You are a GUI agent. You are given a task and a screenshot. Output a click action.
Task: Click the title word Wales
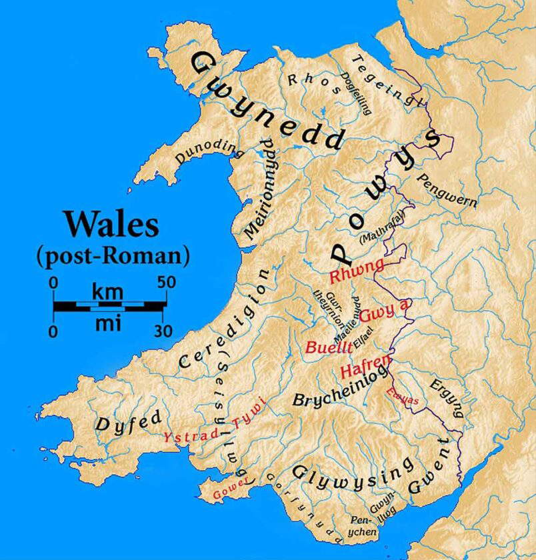pos(111,223)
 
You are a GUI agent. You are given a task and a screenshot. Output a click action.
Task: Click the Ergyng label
pos(446,399)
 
